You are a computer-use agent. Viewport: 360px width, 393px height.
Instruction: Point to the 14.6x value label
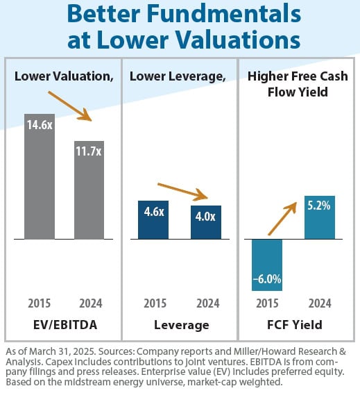click(40, 126)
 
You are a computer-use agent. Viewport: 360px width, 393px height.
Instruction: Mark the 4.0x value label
click(206, 216)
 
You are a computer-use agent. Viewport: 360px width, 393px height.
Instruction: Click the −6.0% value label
click(266, 279)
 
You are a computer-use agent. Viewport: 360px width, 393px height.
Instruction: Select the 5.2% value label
click(319, 206)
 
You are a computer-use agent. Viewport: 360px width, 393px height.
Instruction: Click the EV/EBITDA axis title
click(64, 324)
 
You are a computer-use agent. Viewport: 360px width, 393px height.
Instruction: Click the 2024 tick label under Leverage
click(207, 303)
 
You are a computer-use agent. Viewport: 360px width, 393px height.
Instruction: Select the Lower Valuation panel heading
click(64, 76)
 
